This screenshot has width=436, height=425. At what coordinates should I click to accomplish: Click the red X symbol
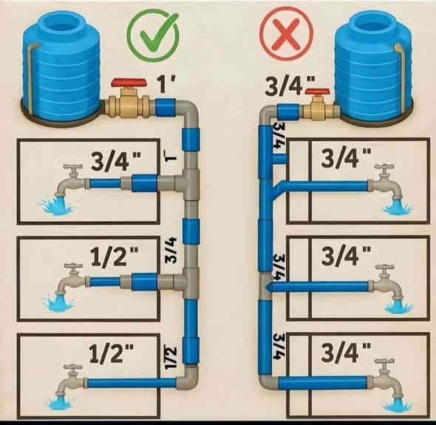(x=286, y=34)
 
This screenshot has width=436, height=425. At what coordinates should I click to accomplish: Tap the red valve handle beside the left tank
(x=129, y=83)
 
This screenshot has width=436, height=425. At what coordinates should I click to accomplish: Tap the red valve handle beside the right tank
(x=318, y=92)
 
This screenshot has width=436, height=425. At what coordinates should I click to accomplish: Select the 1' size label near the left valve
(x=166, y=84)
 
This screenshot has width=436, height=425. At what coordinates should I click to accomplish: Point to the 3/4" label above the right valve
(x=290, y=84)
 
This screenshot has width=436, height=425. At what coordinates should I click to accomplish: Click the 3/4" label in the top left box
(x=116, y=160)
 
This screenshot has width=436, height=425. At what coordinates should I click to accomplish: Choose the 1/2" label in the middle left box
(x=115, y=256)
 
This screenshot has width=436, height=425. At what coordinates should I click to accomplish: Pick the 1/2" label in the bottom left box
(x=112, y=353)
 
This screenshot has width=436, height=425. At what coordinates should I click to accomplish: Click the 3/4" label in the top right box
(x=346, y=157)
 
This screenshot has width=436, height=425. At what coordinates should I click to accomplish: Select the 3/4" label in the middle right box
(x=346, y=255)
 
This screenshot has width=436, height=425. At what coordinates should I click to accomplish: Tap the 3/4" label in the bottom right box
(x=346, y=352)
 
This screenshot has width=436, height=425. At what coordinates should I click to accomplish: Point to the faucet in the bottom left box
(x=70, y=381)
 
